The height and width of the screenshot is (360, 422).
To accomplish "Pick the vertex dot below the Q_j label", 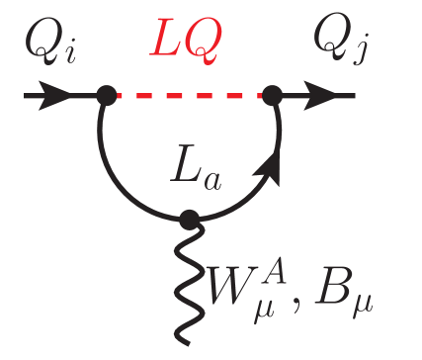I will (273, 96).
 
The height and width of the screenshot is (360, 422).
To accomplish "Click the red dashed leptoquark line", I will (188, 96).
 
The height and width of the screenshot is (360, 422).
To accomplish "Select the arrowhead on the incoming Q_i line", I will (59, 96).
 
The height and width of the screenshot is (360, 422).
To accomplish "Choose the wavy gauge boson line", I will (188, 272).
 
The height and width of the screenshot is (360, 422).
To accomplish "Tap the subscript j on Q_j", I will (350, 57).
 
